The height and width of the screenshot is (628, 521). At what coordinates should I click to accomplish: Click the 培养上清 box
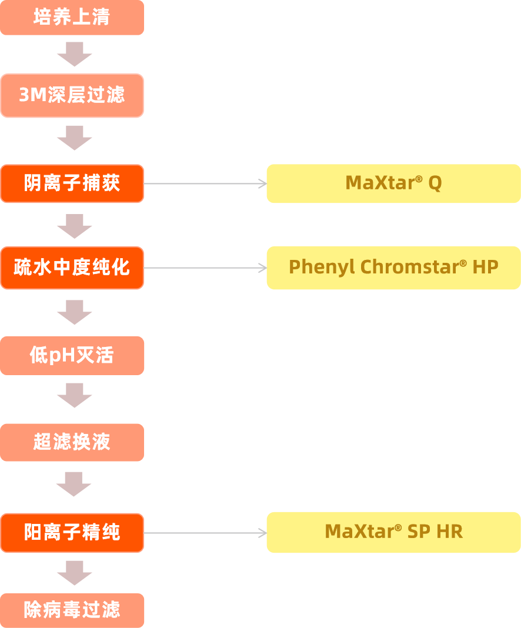point(72,18)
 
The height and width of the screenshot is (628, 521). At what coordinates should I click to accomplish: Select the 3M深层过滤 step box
point(72,95)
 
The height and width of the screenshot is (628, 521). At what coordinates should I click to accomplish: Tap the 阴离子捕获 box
point(72,183)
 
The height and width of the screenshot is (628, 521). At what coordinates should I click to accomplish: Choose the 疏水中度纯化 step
point(72,268)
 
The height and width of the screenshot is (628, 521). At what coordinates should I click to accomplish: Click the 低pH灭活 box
point(72,355)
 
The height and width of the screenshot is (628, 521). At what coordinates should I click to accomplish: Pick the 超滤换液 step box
point(72,442)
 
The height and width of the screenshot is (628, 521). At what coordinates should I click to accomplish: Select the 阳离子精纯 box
point(72,533)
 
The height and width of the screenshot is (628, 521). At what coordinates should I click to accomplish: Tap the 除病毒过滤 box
point(72,610)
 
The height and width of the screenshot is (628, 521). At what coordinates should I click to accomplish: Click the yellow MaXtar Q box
point(393,183)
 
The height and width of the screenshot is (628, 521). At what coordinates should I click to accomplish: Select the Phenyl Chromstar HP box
point(393,268)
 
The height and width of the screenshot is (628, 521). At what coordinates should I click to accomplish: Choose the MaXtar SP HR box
point(393,532)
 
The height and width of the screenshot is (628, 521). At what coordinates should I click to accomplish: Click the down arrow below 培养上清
point(74,54)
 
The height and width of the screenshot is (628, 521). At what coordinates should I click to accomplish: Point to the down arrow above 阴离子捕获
point(74,138)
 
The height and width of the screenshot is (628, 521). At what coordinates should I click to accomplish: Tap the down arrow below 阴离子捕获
point(74,226)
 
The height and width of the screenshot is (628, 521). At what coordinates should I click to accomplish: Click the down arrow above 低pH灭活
point(74,312)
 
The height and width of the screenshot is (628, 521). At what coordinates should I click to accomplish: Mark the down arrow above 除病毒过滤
point(74,573)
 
